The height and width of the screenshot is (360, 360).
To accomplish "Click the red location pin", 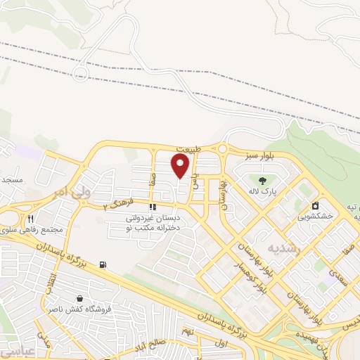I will click(x=181, y=166).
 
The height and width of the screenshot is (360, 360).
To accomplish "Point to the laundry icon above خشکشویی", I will click(x=316, y=206).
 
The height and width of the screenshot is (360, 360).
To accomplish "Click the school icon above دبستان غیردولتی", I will click(x=153, y=207).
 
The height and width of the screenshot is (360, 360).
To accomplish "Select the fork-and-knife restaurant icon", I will click(x=30, y=219).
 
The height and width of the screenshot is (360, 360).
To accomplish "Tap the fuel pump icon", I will click(x=104, y=264).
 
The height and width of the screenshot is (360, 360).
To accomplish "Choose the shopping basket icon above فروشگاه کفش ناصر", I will click(x=79, y=298).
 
